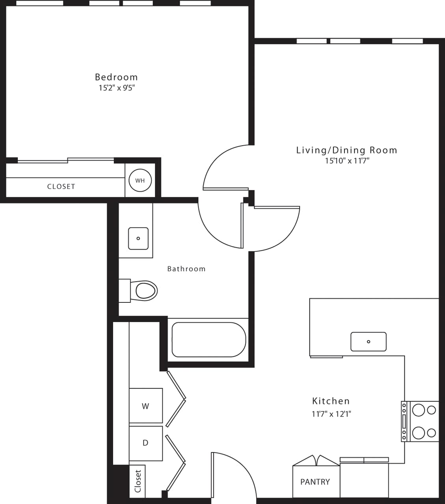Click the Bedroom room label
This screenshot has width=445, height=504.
(x=116, y=77)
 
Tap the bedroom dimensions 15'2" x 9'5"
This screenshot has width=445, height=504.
(x=117, y=88)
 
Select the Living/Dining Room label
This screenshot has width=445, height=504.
(x=346, y=150)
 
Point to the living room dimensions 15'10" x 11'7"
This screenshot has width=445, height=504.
(x=347, y=161)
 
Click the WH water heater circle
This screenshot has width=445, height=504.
(x=140, y=181)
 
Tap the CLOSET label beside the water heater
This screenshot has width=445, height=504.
(x=61, y=187)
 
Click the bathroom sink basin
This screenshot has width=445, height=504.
(x=138, y=238)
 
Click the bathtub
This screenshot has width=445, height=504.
(x=209, y=340)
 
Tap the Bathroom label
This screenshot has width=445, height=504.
(x=186, y=269)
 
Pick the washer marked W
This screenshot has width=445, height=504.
(x=145, y=406)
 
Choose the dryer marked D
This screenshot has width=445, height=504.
(x=145, y=443)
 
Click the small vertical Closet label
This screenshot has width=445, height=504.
(x=138, y=481)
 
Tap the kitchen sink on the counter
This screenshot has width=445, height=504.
(x=369, y=341)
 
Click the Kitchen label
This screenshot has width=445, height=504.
(x=331, y=401)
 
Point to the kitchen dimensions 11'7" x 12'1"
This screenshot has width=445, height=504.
(x=331, y=414)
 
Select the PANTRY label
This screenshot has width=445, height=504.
(x=315, y=482)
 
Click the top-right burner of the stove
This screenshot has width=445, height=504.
(x=432, y=410)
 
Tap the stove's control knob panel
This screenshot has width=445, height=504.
(x=404, y=421)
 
